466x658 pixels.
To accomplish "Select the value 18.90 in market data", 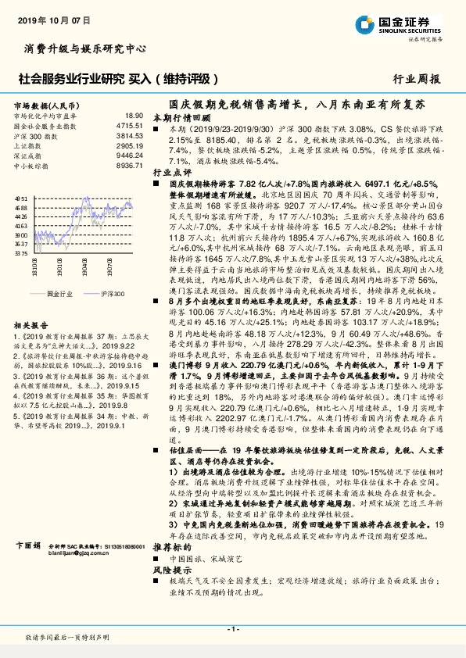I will point(134,115).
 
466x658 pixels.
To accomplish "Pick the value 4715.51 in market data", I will point(129,125).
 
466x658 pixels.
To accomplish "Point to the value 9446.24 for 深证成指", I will point(129,156).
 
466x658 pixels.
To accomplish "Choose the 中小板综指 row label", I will point(33,166).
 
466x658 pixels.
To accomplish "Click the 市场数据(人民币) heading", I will point(45,104).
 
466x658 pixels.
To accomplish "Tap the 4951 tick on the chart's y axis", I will point(22,200).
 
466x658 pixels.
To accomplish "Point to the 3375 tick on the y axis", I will point(22,252).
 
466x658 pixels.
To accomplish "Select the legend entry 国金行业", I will point(59,293).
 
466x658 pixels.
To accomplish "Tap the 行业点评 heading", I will point(171,170).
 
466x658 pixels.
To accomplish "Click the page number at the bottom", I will point(232,629).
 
